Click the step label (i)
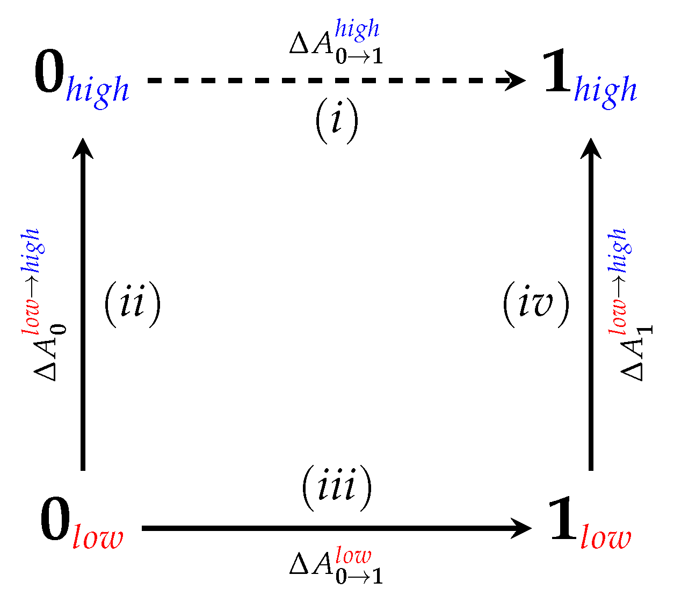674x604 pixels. pyautogui.click(x=336, y=122)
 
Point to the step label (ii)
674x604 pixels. pyautogui.click(x=132, y=304)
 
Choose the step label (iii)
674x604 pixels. pyautogui.click(x=337, y=488)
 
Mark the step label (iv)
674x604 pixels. pyautogui.click(x=535, y=304)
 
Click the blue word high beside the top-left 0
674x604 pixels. pyautogui.click(x=97, y=90)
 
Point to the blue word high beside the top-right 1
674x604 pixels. pyautogui.click(x=605, y=90)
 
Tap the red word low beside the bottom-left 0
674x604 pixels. pyautogui.click(x=98, y=537)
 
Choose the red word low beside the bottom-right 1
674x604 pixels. pyautogui.click(x=606, y=537)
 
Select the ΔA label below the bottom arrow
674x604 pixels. pyautogui.click(x=336, y=566)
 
